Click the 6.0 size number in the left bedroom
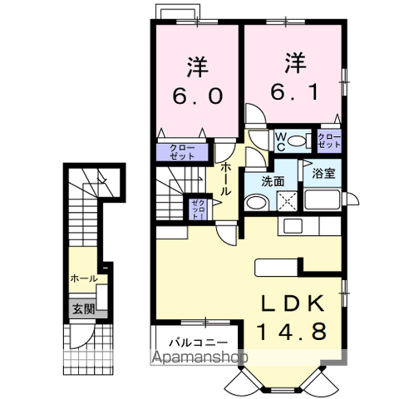[x=198, y=96]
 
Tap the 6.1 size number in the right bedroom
[x=294, y=91]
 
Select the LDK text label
[x=293, y=303]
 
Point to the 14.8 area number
[x=291, y=332]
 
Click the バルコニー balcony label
[x=199, y=342]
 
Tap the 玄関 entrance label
[x=84, y=309]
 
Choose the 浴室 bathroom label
[x=323, y=174]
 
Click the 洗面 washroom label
[x=273, y=182]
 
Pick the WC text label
[x=281, y=141]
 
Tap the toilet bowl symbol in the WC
[x=297, y=141]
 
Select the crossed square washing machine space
[x=287, y=201]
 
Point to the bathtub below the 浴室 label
[x=322, y=199]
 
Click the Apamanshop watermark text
[x=199, y=357]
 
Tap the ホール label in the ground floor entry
[x=84, y=278]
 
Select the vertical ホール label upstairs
[x=226, y=180]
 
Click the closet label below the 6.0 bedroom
[x=182, y=152]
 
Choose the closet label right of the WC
[x=329, y=141]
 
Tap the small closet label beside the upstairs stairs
[x=199, y=209]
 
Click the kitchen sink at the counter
[x=293, y=226]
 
